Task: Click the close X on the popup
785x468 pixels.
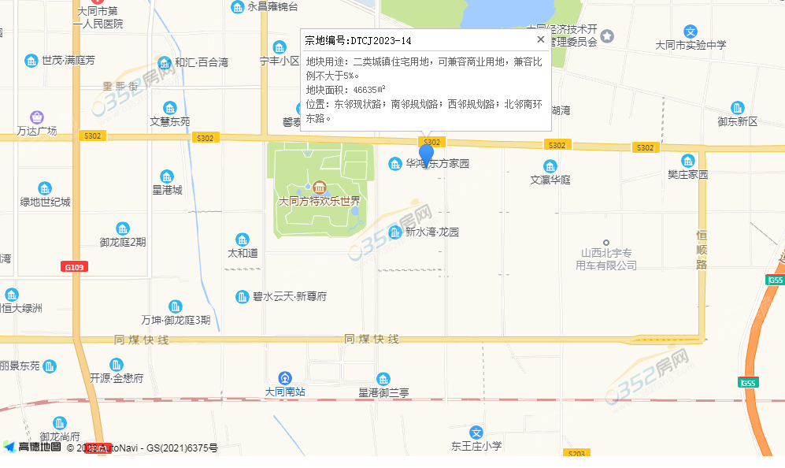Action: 540,39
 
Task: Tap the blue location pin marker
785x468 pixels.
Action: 426,154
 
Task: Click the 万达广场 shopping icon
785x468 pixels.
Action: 37,117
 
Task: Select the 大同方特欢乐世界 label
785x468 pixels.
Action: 319,201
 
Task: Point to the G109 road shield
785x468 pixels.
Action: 73,267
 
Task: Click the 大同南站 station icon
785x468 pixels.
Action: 284,377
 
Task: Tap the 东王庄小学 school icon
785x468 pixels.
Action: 476,432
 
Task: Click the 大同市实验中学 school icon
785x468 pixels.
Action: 690,32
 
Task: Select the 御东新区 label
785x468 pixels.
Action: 737,121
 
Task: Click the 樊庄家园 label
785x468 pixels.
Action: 688,174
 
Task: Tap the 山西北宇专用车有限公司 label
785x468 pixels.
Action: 605,259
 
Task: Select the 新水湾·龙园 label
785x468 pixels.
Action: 431,232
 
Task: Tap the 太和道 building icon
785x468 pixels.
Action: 243,240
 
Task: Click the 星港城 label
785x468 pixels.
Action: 167,190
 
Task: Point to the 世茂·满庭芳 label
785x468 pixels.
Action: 69,61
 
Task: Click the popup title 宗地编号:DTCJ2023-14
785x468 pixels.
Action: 358,40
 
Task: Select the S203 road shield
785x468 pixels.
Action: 576,453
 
